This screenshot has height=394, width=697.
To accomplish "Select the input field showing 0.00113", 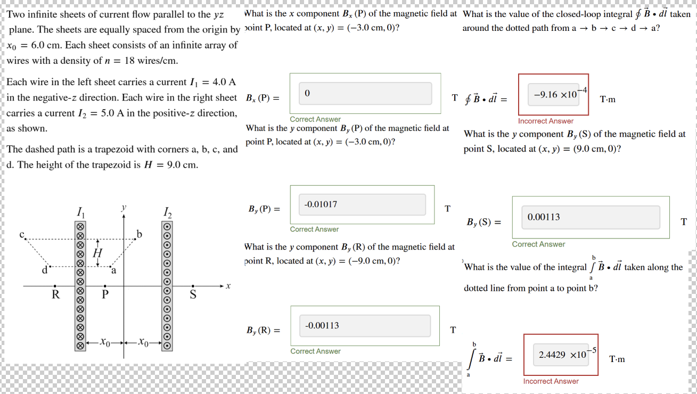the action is (x=590, y=217).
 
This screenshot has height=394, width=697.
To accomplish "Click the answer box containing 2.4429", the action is (x=561, y=354).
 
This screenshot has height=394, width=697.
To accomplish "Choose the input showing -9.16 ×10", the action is (x=553, y=95).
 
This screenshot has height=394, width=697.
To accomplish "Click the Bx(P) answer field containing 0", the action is (x=365, y=94).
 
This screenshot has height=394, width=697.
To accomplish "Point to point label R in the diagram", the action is (x=55, y=294).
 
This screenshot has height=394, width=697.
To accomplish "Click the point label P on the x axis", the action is (x=105, y=294).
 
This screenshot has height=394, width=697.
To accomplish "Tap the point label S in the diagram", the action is (x=193, y=294).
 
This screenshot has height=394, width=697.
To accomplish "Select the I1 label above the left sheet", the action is (x=80, y=212).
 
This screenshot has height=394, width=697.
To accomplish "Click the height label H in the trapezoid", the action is (x=97, y=253).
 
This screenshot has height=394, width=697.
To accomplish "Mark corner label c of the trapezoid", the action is (x=22, y=234).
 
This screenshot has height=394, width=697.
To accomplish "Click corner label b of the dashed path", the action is (x=140, y=234).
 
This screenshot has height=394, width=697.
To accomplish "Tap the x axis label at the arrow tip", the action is (x=228, y=286).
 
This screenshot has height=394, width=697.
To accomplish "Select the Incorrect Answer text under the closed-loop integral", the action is (x=546, y=121).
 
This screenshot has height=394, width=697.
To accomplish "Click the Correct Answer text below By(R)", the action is (x=315, y=351).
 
